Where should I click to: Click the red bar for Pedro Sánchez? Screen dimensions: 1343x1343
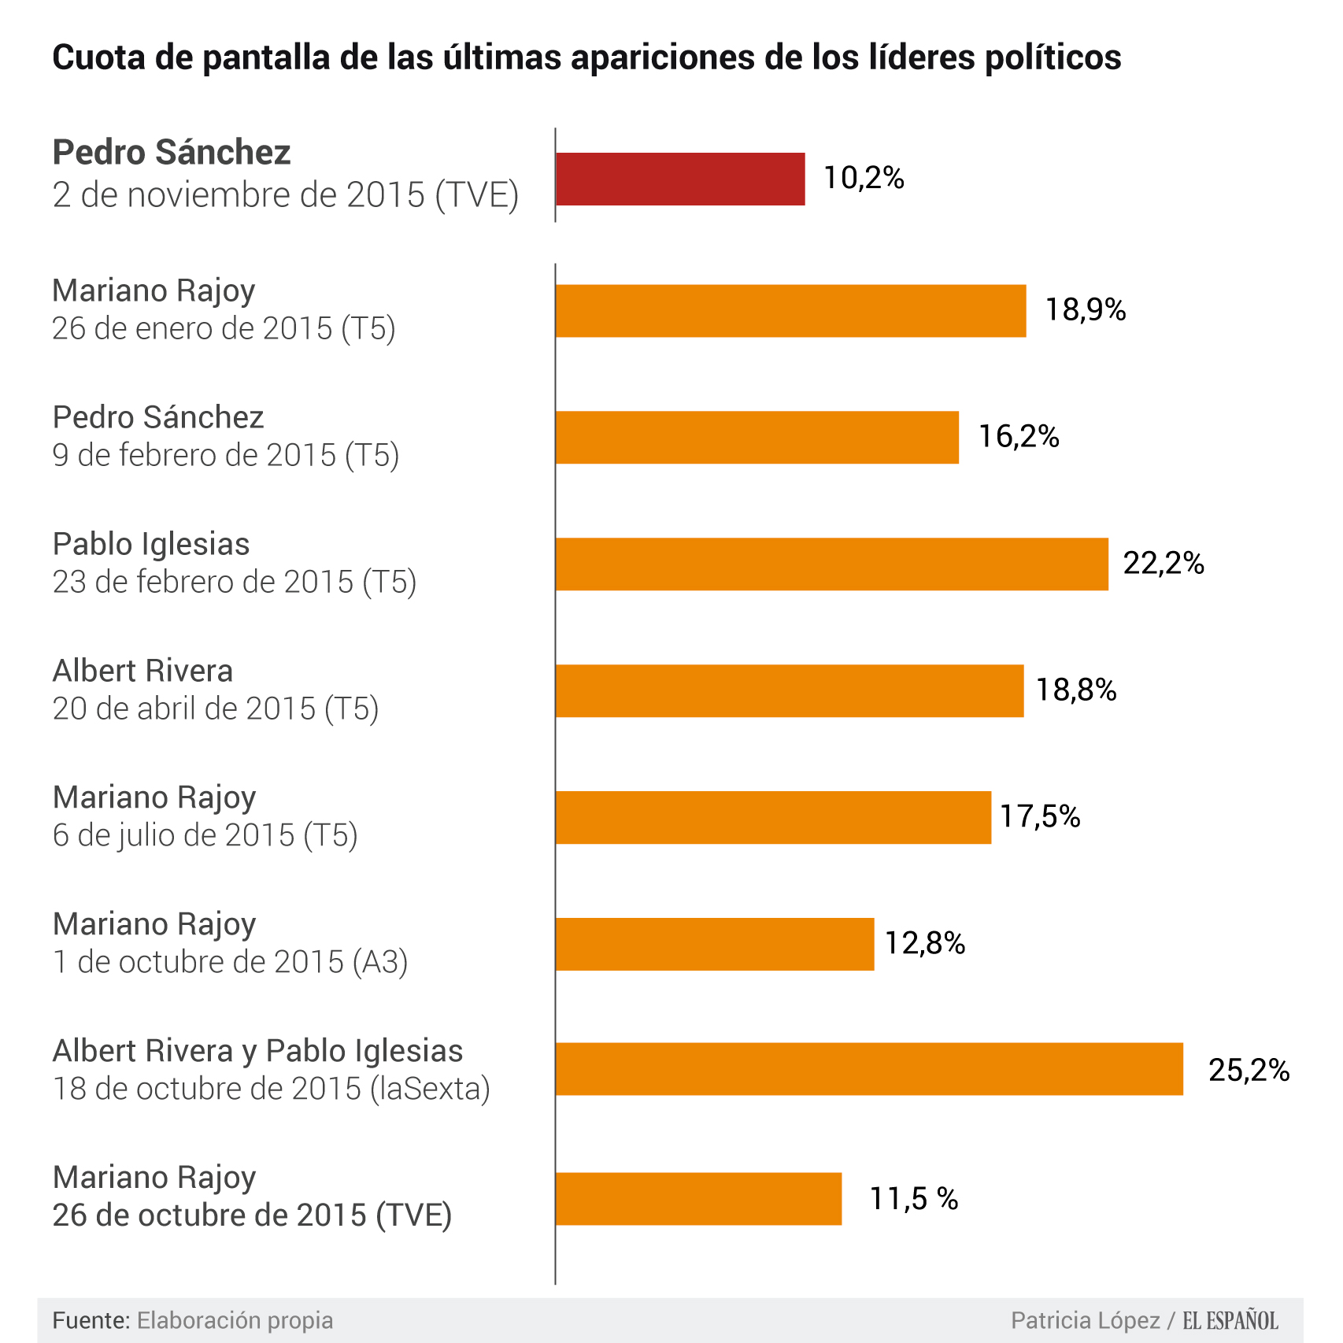click(x=680, y=179)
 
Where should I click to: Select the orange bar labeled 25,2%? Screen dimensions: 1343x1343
click(x=869, y=1069)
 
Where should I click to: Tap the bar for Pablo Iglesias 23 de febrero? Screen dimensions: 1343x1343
click(x=831, y=564)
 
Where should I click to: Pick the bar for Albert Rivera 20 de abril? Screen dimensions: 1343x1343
click(x=790, y=691)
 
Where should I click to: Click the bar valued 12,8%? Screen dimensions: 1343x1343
click(x=715, y=944)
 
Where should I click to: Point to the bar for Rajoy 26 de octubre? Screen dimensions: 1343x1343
click(x=698, y=1199)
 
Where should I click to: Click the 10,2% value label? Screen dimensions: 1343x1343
click(x=864, y=179)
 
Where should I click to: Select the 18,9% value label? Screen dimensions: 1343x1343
click(x=1085, y=310)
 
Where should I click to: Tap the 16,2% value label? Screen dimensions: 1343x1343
click(x=1019, y=437)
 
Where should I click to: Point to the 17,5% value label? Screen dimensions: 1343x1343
click(x=1039, y=817)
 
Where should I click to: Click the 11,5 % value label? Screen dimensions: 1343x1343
click(x=913, y=1199)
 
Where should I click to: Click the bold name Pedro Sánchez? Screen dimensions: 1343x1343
click(x=172, y=153)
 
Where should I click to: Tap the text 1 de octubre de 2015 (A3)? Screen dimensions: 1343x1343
click(x=230, y=962)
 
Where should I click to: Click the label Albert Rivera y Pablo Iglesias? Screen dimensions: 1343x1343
click(x=257, y=1051)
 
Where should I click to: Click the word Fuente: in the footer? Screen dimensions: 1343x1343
click(x=91, y=1320)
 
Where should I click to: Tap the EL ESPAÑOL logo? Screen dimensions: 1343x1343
click(x=1230, y=1320)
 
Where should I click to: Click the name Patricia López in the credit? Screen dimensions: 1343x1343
click(x=1085, y=1320)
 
